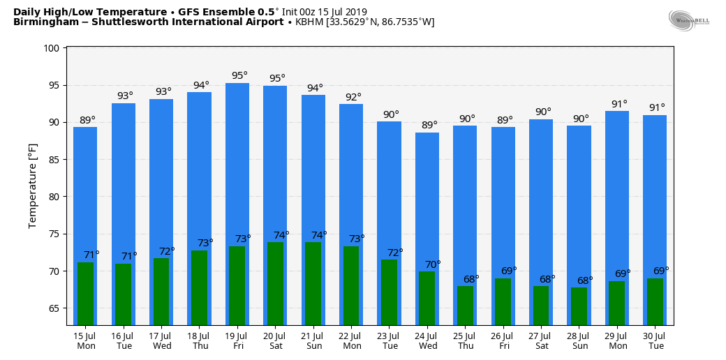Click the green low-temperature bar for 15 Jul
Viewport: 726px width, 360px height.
85,293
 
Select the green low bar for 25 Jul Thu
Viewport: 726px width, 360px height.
465,305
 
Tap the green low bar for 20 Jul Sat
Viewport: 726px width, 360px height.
275,283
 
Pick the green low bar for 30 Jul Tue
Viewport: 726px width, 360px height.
655,301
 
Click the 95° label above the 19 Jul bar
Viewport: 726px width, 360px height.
239,75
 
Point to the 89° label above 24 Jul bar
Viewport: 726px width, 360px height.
429,126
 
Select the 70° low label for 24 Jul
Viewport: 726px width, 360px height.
434,264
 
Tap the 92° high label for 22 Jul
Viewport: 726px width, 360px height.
353,97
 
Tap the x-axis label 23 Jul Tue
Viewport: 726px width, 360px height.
389,340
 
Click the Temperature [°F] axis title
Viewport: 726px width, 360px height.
33,186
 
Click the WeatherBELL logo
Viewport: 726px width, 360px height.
688,21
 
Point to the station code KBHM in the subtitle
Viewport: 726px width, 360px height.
309,22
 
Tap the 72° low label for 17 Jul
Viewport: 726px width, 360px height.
167,251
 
